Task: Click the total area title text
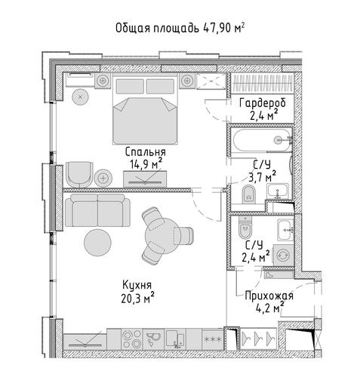180,28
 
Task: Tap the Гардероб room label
263,103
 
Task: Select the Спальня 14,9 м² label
146,158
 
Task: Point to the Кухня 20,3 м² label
137,292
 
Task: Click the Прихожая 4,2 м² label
269,302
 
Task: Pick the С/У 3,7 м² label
262,171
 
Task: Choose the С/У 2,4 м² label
255,251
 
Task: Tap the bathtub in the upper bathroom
262,140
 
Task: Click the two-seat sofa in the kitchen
97,210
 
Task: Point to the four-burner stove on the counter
132,339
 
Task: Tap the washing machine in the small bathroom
284,255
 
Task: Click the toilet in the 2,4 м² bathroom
245,227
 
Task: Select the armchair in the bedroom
79,174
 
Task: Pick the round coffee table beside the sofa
97,243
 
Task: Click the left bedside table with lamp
103,81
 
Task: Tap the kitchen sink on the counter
153,339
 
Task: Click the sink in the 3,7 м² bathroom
278,191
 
